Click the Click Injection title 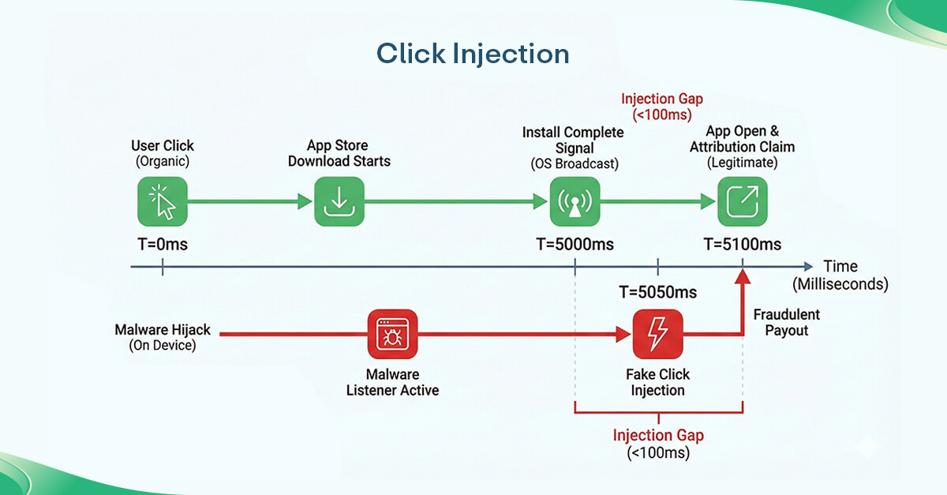click(473, 54)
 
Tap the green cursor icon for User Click click(163, 202)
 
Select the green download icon click(339, 202)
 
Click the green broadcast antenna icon click(574, 202)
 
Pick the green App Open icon click(742, 202)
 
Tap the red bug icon click(392, 334)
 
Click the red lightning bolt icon click(657, 334)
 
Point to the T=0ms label click(163, 244)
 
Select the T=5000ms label click(575, 244)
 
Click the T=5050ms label click(658, 291)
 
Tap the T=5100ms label click(742, 244)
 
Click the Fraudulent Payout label click(786, 322)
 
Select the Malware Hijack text click(163, 329)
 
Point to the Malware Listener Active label click(392, 382)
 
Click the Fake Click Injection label click(657, 382)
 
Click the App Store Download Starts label click(339, 153)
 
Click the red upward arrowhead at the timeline click(742, 276)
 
